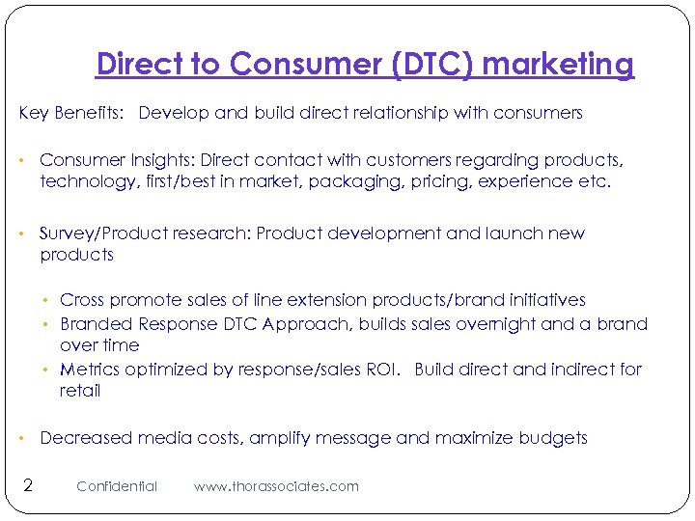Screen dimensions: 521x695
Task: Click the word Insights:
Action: pos(158,159)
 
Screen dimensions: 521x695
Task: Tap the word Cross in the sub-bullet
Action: pos(81,301)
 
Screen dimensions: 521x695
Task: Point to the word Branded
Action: pos(97,324)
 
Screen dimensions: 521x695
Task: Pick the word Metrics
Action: pos(90,370)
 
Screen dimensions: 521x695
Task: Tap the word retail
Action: pos(80,391)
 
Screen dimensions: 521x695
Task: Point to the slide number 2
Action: pos(27,484)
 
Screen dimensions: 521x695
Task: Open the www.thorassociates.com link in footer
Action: pos(276,486)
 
